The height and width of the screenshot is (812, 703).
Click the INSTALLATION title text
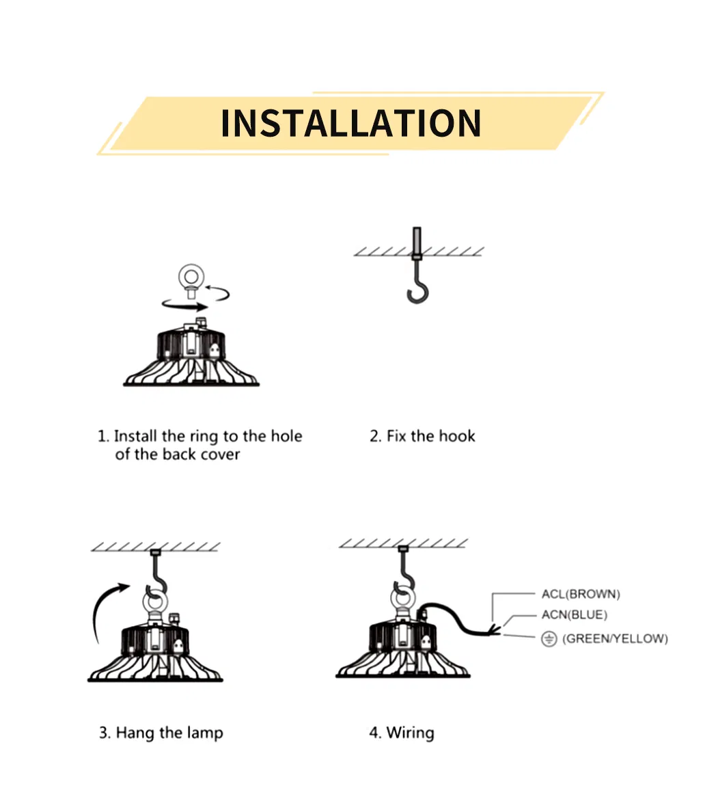click(351, 123)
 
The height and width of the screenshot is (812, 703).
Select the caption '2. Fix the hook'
click(422, 436)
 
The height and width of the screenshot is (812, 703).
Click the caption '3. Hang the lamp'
click(161, 733)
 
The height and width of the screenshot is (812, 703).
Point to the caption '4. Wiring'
click(402, 733)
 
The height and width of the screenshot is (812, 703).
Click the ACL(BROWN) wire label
click(581, 594)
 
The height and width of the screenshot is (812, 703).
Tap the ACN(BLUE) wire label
click(574, 615)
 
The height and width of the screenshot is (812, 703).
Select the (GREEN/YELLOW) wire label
click(615, 639)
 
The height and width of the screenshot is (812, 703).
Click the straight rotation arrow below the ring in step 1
click(184, 306)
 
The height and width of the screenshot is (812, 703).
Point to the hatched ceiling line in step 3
click(156, 547)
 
